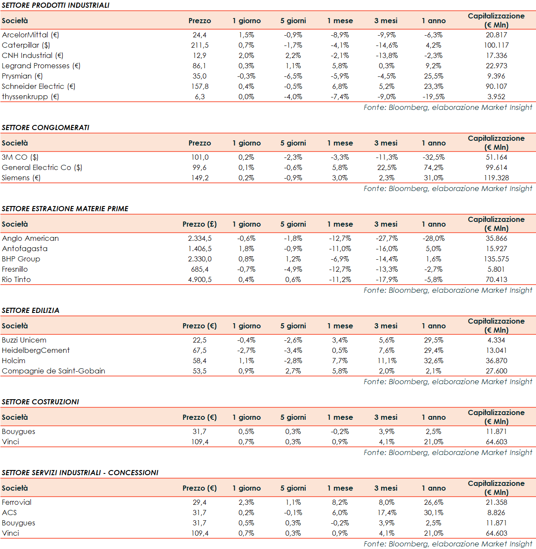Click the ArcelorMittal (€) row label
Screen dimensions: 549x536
click(x=30, y=35)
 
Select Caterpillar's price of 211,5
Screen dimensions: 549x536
click(x=200, y=45)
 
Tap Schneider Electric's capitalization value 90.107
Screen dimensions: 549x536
click(x=496, y=86)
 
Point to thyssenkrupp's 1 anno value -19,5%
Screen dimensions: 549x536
click(x=433, y=97)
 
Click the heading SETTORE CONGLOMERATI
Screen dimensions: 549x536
click(x=45, y=127)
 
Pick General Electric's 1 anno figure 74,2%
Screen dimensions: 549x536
click(x=433, y=167)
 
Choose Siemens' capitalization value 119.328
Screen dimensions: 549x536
click(x=496, y=178)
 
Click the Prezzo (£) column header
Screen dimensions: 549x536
click(x=200, y=224)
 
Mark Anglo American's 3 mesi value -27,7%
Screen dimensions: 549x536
click(x=387, y=238)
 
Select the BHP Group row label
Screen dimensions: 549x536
click(x=21, y=259)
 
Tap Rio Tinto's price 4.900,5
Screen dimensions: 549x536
click(x=200, y=279)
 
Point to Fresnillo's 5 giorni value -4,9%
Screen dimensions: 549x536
click(x=293, y=269)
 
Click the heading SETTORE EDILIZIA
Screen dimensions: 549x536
click(x=30, y=310)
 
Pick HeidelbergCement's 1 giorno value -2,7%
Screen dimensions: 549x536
click(x=246, y=350)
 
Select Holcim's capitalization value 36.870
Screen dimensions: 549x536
click(x=496, y=361)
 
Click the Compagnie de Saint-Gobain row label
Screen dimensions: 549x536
click(x=54, y=371)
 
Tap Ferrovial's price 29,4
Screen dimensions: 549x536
click(x=200, y=502)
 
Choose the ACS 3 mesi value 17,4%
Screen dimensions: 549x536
click(x=387, y=513)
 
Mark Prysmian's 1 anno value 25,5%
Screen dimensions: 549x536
click(x=433, y=76)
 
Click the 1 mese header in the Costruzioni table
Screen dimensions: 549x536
click(x=340, y=417)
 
